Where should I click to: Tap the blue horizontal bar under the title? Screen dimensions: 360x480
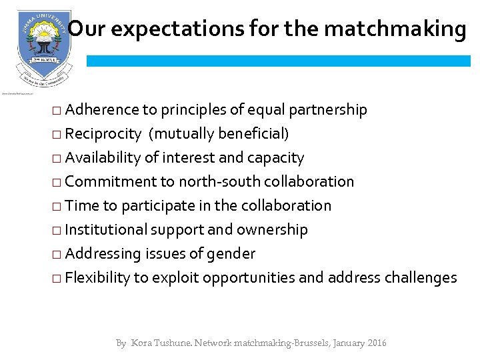278,61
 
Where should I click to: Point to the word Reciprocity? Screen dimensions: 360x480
103,134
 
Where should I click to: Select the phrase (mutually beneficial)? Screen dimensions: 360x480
219,134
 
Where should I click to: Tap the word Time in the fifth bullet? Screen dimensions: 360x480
82,206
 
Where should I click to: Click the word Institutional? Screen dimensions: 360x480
107,230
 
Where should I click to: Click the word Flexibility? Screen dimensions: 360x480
98,278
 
